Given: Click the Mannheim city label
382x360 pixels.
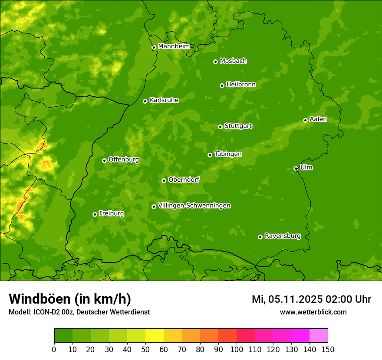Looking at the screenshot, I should click(x=174, y=46).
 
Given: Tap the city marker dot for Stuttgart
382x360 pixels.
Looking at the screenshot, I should click(x=220, y=127).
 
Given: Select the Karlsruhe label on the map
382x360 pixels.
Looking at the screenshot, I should click(x=164, y=100).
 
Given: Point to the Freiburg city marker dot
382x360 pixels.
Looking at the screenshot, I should click(x=95, y=214).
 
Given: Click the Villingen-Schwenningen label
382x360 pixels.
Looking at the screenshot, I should click(x=194, y=206).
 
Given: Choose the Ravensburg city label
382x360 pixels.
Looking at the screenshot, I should click(x=282, y=236).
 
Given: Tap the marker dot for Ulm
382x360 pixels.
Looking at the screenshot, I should click(x=296, y=168).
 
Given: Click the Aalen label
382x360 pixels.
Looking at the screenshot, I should click(x=318, y=119).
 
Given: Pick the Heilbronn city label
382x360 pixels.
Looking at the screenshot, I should click(x=240, y=85).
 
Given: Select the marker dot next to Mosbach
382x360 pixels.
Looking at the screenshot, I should click(x=215, y=62).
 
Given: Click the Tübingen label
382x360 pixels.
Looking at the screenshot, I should click(x=227, y=154).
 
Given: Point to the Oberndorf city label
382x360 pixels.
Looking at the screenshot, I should click(x=184, y=180).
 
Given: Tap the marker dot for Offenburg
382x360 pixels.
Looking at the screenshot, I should click(x=104, y=160).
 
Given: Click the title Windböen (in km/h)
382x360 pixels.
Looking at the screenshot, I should click(x=69, y=299).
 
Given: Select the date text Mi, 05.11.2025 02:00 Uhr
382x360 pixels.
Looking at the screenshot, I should click(x=311, y=299).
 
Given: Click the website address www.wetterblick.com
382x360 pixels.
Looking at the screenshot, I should click(x=313, y=312).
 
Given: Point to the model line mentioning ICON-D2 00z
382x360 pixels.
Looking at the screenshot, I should click(x=79, y=312).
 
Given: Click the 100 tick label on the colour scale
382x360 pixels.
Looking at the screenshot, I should click(x=237, y=349).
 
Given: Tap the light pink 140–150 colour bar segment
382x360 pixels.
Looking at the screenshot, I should click(x=319, y=336).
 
